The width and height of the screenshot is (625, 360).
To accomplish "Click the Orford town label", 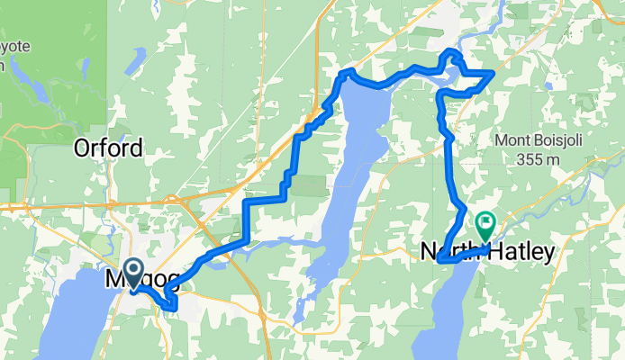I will click(108, 148).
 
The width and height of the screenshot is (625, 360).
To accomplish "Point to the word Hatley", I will click(521, 253).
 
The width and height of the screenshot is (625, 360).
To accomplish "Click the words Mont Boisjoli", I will click(537, 140).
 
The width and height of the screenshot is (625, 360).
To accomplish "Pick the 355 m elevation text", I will click(538, 159).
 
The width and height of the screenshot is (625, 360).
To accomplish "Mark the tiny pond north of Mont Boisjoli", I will click(548, 86).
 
